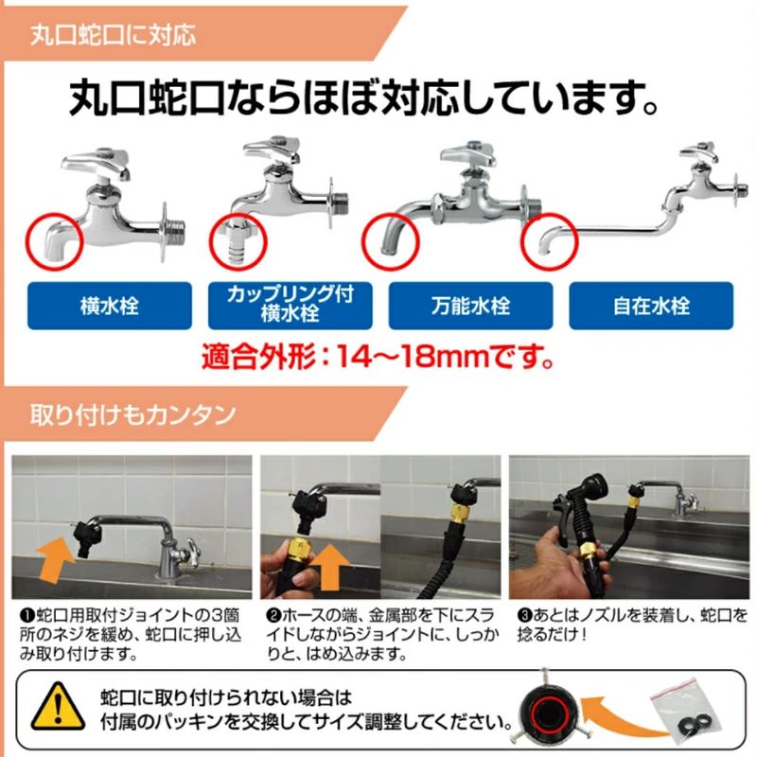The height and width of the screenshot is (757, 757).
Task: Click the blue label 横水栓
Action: pos(110,306)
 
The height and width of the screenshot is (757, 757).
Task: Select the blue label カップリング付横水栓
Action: pos(290,306)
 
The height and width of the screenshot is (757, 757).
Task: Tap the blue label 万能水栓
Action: pos(470,306)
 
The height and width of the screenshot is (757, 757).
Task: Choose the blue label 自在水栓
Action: pos(651,306)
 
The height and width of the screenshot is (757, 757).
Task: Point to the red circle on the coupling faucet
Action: pos(211,241)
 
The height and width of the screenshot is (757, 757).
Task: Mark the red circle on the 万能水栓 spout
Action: pos(364,241)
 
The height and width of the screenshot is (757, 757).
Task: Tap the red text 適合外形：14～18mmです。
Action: pos(378,357)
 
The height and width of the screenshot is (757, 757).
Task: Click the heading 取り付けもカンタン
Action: pos(133,414)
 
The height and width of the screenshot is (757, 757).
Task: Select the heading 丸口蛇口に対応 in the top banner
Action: pos(113,35)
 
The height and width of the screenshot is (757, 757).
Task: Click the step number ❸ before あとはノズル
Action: pos(524,616)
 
